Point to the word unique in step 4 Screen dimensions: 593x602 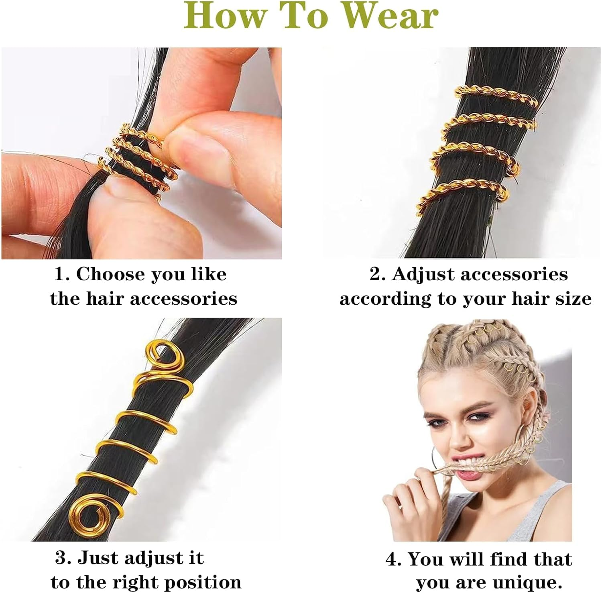(x=524, y=582)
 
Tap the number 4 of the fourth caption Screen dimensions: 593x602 (x=392, y=559)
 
